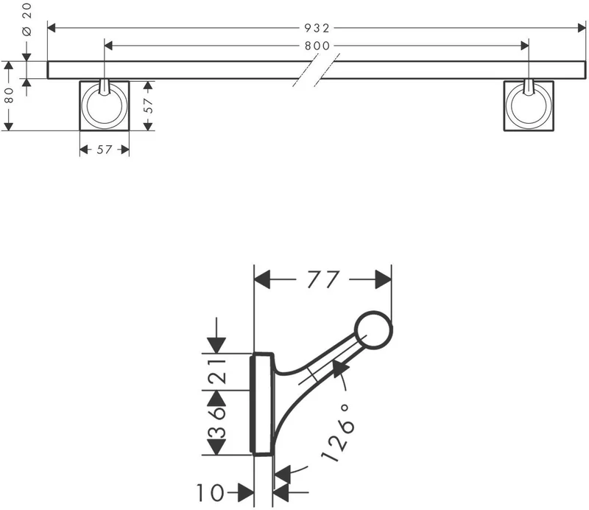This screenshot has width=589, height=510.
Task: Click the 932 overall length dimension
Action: [317, 28]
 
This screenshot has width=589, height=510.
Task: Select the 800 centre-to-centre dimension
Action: [317, 46]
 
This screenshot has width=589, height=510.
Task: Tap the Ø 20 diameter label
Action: [27, 20]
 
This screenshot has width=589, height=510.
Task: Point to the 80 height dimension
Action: [9, 95]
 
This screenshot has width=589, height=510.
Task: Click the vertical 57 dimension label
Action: [149, 105]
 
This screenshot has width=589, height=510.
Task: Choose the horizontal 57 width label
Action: [105, 150]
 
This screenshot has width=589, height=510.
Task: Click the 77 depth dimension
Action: [323, 279]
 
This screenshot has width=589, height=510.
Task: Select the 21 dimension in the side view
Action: [217, 371]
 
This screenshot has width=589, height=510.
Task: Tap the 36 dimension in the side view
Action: [217, 422]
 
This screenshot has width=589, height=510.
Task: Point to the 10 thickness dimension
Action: [211, 492]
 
